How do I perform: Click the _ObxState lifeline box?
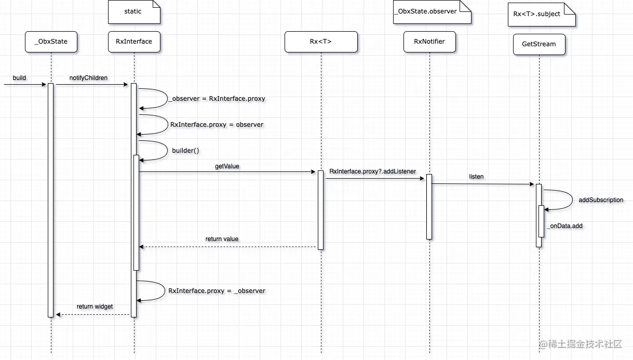coord(51,42)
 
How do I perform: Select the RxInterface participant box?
coord(134,42)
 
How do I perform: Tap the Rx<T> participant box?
coord(321,42)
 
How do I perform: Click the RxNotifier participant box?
coord(429,42)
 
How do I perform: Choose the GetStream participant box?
coord(538,44)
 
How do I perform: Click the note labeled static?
coord(133,11)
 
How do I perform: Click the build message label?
coord(19,78)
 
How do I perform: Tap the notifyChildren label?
coord(88,78)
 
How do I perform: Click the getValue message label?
coord(227,166)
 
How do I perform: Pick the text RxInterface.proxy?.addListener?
coord(372,171)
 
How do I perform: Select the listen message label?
coord(476,177)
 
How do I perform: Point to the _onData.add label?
coord(564,226)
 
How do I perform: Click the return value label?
coord(222,239)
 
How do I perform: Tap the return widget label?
coord(95,306)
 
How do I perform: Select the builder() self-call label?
coord(185,151)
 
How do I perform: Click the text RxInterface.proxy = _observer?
coord(217,291)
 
